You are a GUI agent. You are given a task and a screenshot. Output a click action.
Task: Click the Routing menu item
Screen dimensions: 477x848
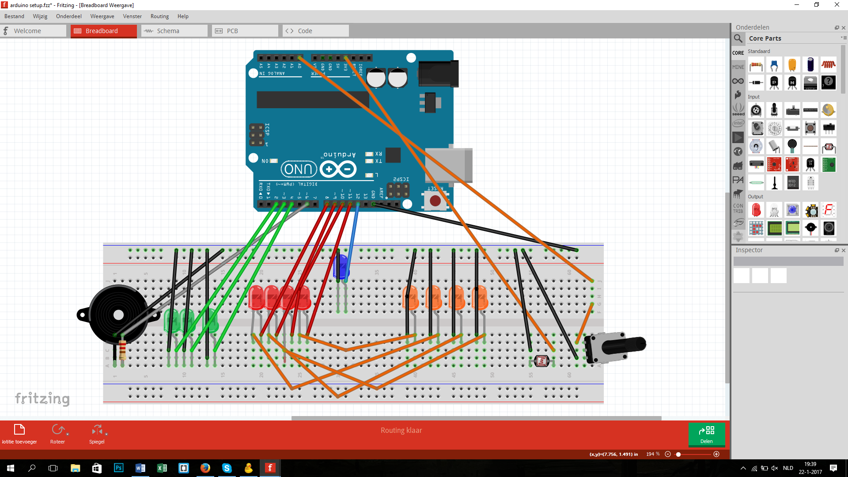coord(159,16)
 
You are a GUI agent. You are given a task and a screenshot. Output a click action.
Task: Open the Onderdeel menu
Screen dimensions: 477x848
coord(68,16)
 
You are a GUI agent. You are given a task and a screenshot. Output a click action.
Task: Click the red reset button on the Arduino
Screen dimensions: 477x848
coord(435,201)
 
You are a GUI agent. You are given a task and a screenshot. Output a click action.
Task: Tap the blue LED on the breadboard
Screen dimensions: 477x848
coord(341,266)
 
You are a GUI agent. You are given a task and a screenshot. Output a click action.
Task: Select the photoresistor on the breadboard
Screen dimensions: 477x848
coord(541,361)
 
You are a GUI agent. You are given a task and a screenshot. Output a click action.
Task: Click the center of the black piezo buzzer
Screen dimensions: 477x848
coord(118,315)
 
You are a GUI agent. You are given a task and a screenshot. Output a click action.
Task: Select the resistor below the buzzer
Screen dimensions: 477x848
coord(123,350)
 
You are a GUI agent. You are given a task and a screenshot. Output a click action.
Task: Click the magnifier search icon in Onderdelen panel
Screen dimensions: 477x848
coord(738,38)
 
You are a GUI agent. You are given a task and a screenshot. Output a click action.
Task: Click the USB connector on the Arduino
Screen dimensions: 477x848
coord(448,165)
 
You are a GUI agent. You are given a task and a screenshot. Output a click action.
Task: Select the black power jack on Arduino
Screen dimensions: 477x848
coord(438,74)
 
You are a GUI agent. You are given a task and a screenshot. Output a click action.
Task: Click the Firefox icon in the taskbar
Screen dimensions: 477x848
coord(205,468)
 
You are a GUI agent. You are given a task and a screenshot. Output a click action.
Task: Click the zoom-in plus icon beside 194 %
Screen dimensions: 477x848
coord(716,454)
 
